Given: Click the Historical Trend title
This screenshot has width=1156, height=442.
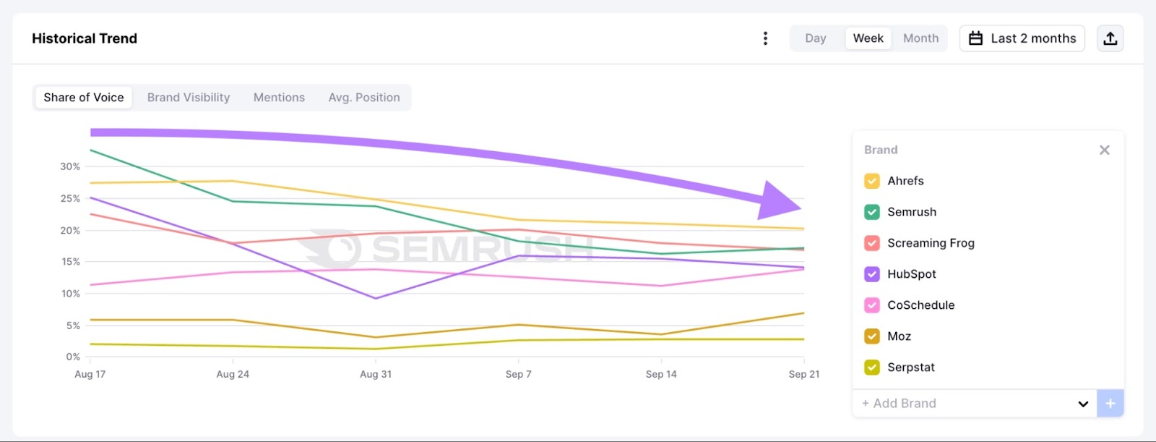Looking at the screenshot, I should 85,38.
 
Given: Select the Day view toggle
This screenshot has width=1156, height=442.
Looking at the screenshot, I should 815,38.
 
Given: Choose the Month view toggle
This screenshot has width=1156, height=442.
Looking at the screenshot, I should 920,38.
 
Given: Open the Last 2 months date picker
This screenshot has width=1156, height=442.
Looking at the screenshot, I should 1022,38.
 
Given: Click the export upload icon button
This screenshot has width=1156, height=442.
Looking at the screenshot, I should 1110,38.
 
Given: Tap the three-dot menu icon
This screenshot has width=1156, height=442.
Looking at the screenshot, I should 765,38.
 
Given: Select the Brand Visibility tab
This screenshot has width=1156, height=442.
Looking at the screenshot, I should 189,98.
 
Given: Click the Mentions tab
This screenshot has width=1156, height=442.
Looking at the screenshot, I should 279,98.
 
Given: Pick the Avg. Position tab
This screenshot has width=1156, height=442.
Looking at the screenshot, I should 364,98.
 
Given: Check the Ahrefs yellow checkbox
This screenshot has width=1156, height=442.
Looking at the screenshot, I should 872,181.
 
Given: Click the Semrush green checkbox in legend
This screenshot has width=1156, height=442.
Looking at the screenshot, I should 872,212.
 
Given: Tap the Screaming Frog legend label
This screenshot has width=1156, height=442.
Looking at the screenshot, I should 931,243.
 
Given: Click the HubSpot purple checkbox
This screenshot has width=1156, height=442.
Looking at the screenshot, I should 872,274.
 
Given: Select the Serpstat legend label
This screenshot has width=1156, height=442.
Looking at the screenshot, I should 910,367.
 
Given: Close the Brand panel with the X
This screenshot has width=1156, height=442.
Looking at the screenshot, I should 1104,150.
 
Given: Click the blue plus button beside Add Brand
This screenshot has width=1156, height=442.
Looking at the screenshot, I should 1110,403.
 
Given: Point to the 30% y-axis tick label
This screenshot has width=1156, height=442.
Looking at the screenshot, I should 70,166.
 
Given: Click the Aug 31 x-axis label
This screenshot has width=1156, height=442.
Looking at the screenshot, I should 376,374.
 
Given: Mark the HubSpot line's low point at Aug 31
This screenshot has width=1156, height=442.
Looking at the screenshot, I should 376,298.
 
